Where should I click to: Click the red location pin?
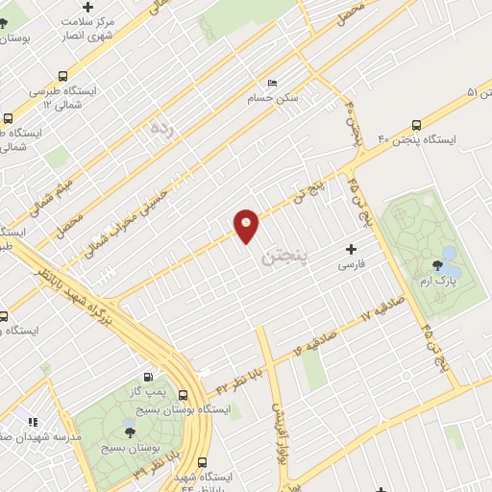[247, 225]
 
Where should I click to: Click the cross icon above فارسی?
[351, 249]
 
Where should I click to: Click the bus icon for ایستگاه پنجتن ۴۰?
[417, 125]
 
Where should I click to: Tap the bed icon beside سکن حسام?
[273, 84]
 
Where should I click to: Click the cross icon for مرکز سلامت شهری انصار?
[87, 7]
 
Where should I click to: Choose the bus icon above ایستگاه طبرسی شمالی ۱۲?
[63, 75]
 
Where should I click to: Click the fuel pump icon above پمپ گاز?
[147, 377]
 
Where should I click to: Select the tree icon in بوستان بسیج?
[130, 423]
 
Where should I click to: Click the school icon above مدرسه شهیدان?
[32, 421]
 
